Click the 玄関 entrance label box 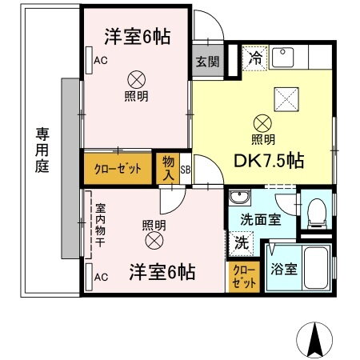(x=203, y=61)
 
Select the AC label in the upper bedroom (x=100, y=61)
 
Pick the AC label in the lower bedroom (x=101, y=277)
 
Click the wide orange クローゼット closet (x=118, y=168)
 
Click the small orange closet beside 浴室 (x=242, y=278)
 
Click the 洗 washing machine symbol (x=240, y=239)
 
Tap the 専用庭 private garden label (x=40, y=152)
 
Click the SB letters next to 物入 (x=185, y=170)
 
